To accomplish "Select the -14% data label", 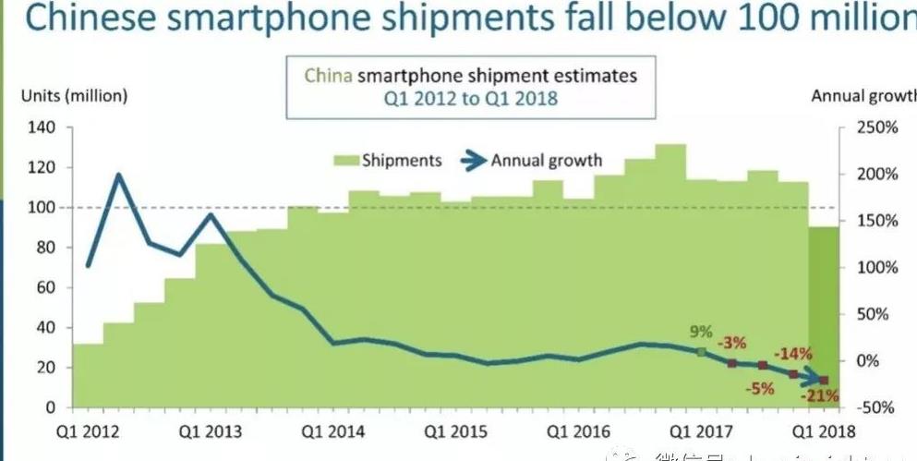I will tap(793, 354).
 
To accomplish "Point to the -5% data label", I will tap(762, 388).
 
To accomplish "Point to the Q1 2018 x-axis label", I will tap(827, 431).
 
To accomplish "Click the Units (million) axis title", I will tap(75, 96).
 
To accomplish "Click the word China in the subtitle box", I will tap(328, 75).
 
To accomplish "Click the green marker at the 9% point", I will tap(701, 352).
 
